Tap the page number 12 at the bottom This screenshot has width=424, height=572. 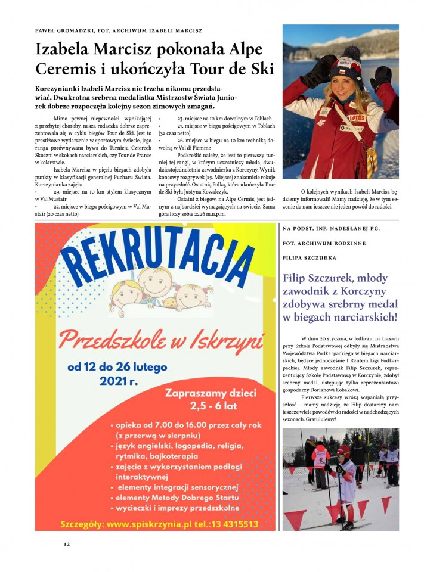click(x=67, y=544)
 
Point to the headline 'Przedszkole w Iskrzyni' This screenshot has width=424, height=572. click(x=160, y=341)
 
